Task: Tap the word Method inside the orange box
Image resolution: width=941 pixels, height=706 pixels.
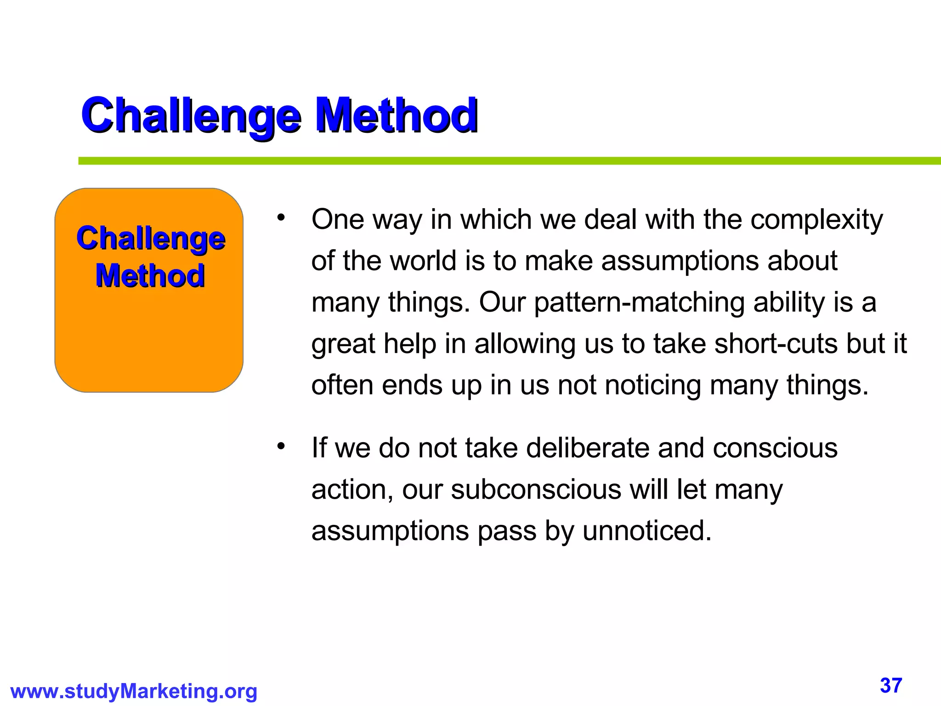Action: [150, 276]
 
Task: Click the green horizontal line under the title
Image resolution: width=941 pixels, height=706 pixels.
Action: [505, 161]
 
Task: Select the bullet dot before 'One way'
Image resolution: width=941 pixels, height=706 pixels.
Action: [281, 217]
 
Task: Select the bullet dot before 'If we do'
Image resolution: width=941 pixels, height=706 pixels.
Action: [281, 446]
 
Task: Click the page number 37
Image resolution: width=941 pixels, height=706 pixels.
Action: [891, 685]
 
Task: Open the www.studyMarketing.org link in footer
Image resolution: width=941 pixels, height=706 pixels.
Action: [133, 691]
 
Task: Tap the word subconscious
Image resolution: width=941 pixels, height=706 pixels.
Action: [536, 490]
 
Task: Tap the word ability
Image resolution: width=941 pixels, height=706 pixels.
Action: [789, 302]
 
